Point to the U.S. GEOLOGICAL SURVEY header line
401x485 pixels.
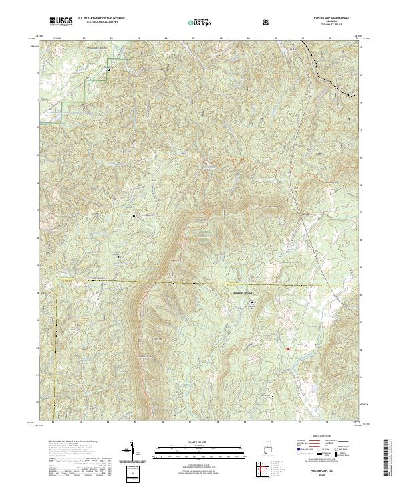click(98, 23)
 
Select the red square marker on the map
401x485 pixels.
click(288, 349)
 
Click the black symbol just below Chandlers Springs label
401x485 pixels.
click(252, 303)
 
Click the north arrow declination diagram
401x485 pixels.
click(130, 454)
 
